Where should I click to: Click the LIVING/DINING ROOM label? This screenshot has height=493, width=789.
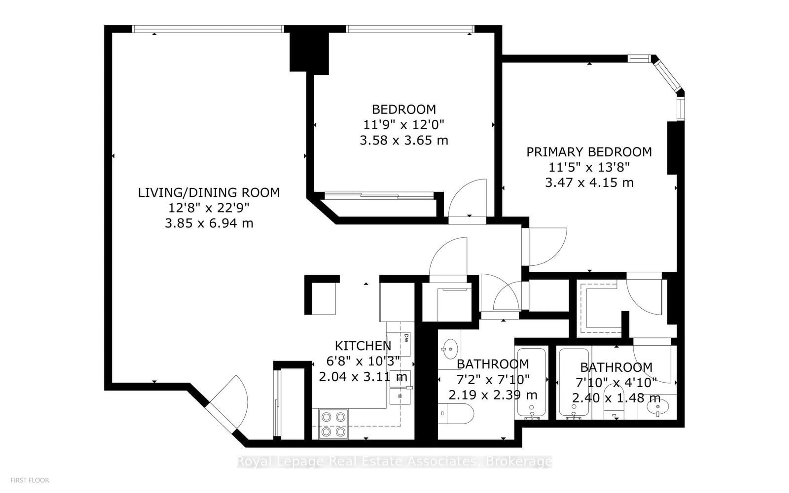pos(209,192)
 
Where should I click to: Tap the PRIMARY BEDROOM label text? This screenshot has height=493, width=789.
pos(589,152)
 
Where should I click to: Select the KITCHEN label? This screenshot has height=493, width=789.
pos(362,346)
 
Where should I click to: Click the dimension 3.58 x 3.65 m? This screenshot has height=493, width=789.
pos(404,140)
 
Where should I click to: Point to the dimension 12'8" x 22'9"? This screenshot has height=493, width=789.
pos(209,208)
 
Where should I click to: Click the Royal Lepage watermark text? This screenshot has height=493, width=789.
pos(394,461)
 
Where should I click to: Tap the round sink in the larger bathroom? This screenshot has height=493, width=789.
pos(450,349)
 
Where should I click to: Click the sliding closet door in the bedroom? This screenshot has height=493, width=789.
pos(378,196)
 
